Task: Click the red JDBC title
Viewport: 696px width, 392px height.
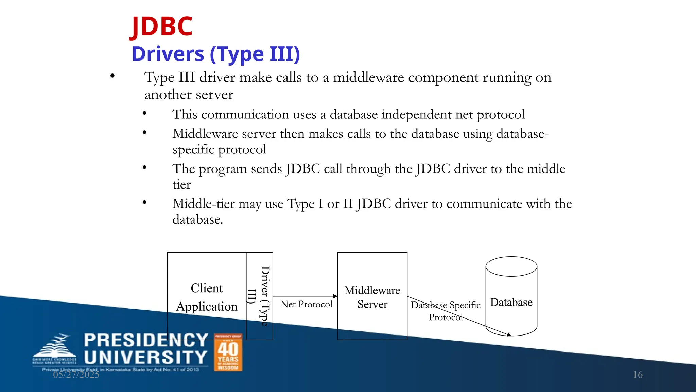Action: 162,27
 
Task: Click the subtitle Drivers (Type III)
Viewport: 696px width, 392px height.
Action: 216,54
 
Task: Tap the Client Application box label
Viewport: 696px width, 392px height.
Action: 207,297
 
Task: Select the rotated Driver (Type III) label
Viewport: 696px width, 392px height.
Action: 260,296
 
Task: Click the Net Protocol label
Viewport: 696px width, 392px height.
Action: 306,304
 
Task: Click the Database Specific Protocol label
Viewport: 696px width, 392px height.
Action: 446,311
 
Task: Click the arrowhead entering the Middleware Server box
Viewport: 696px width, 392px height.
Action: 335,296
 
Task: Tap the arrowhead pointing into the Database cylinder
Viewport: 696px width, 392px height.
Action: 508,335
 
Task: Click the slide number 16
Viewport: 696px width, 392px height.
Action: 638,375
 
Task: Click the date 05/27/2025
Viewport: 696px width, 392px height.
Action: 76,375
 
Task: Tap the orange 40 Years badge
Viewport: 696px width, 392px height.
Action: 228,353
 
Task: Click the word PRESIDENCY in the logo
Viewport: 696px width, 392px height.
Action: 146,340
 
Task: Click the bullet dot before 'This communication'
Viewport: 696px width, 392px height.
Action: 144,113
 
